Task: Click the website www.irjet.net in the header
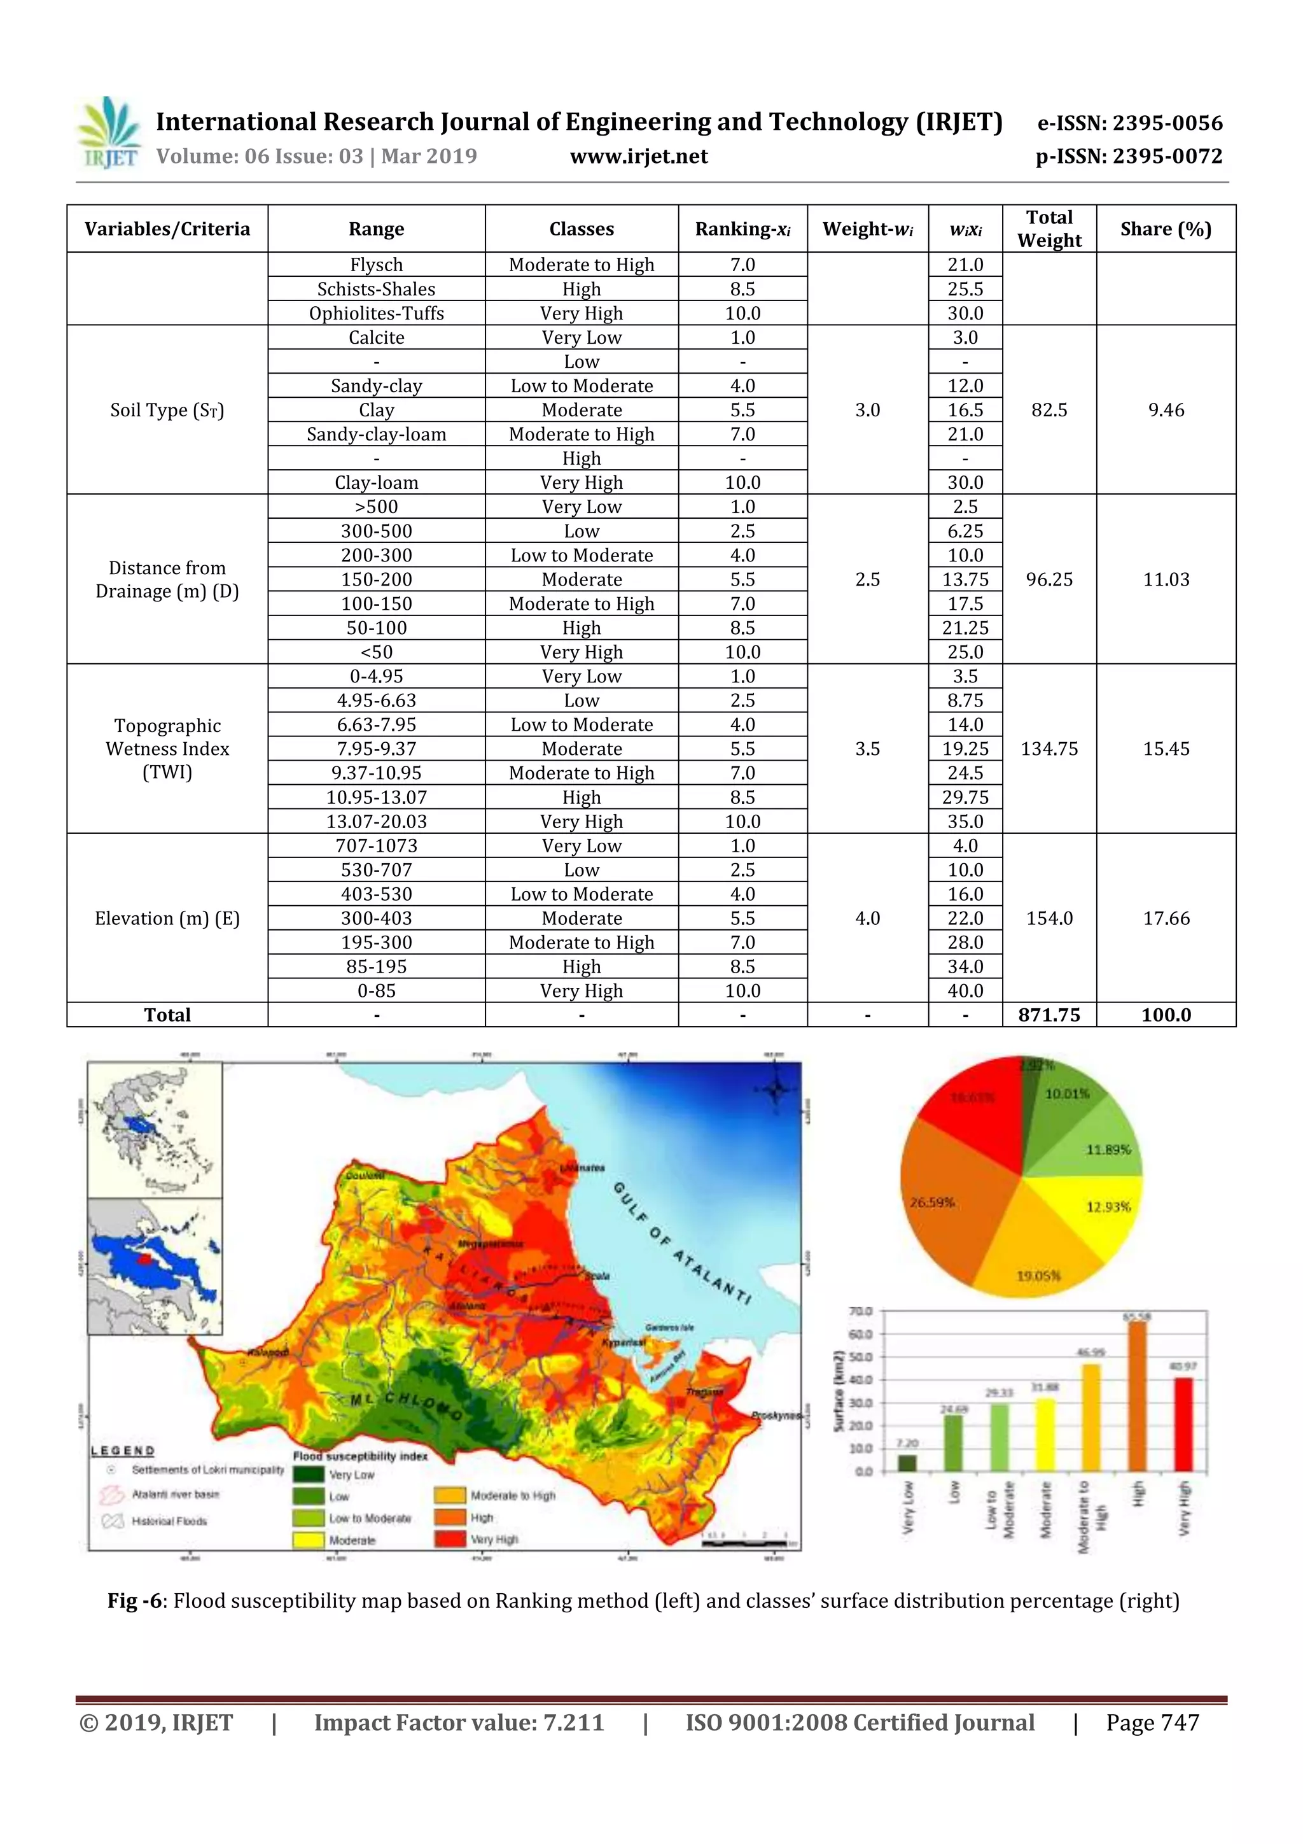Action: click(638, 157)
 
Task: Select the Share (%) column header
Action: click(1165, 230)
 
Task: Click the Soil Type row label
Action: click(167, 411)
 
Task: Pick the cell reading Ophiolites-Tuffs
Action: click(376, 313)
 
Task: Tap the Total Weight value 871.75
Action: click(1049, 1015)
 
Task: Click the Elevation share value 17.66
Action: click(1166, 918)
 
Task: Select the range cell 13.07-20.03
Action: click(376, 822)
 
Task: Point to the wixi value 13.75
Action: click(965, 580)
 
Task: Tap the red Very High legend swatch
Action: click(450, 1540)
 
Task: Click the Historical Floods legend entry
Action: click(169, 1521)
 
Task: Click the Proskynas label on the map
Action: click(776, 1416)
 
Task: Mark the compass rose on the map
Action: click(776, 1090)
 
